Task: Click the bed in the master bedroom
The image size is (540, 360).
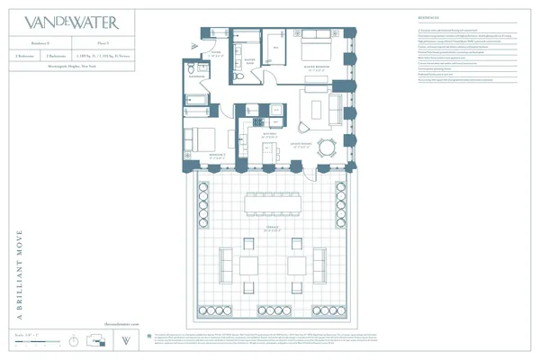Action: point(315,50)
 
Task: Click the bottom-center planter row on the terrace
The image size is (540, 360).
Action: point(274,311)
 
